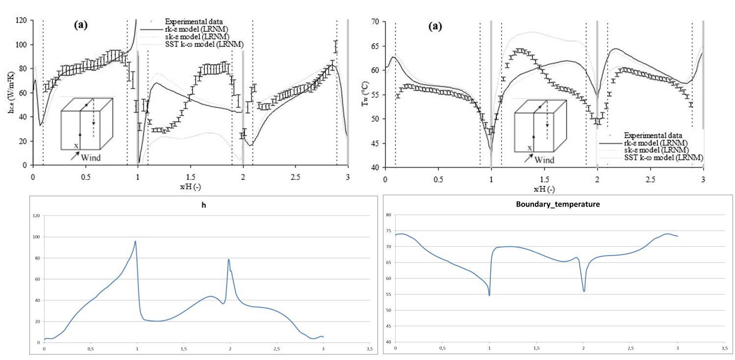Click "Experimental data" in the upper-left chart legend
coord(194,21)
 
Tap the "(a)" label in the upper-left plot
coord(80,26)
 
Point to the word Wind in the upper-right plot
coord(544,160)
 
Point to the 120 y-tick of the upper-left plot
coord(22,21)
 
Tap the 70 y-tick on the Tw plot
coord(375,22)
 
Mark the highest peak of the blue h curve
coord(135,241)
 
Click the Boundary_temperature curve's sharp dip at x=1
coord(489,295)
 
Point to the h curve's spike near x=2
coord(228,259)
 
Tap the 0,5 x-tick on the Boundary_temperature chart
coord(442,348)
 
